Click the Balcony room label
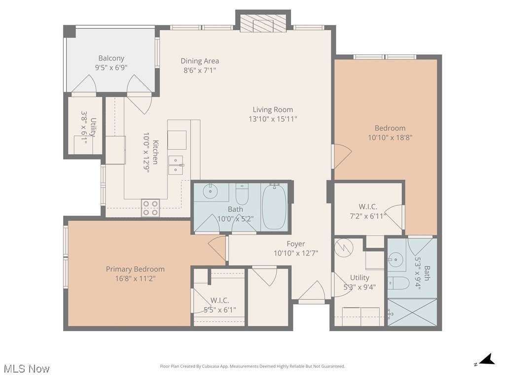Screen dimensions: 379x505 tap(111, 58)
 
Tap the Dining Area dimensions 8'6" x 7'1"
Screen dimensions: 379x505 tap(199, 70)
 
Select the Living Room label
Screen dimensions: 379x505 tap(273, 110)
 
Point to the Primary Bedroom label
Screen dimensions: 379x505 tap(135, 269)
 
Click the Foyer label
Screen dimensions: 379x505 tap(296, 244)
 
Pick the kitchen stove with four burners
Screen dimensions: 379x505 tap(151, 208)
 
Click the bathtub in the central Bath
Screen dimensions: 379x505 tap(274, 206)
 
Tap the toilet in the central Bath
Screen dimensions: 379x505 tap(242, 195)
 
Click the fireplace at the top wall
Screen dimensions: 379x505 tap(263, 23)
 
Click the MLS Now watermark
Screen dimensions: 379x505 tap(26, 369)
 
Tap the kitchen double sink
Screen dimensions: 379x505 tap(176, 164)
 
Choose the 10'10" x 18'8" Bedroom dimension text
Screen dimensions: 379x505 tap(390, 138)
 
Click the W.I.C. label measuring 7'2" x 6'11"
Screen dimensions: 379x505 tap(368, 206)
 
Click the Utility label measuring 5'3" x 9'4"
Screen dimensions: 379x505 tap(360, 278)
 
